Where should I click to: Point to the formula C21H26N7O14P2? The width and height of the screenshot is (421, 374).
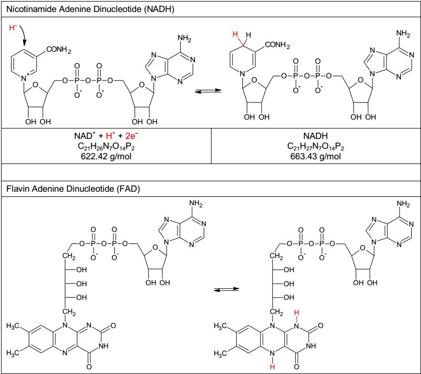(x=106, y=146)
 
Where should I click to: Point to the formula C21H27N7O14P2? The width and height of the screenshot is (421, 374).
(x=316, y=146)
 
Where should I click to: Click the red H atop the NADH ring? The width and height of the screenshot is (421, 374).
(x=236, y=34)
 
